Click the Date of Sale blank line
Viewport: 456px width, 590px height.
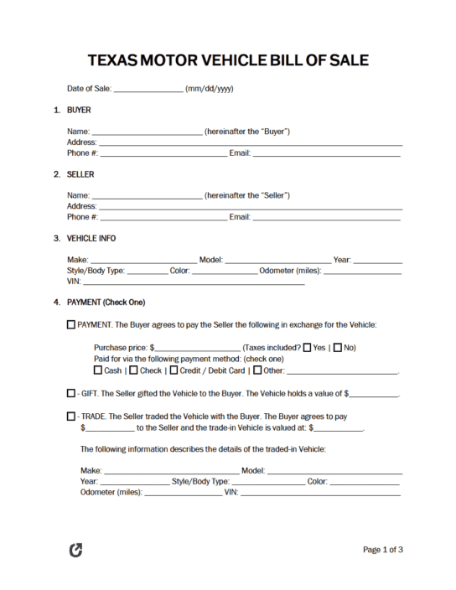pos(148,89)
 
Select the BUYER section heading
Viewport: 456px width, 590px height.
pos(79,110)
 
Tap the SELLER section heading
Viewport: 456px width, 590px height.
pos(80,174)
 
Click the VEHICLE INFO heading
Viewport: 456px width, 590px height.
pos(91,238)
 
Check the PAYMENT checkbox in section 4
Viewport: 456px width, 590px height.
pos(70,324)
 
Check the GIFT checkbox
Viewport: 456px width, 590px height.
pos(70,392)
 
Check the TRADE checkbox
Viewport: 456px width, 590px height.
pos(70,416)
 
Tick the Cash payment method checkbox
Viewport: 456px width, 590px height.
pos(98,370)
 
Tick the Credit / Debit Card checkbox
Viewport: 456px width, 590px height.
pos(174,370)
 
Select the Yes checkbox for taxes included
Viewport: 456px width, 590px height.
pos(307,347)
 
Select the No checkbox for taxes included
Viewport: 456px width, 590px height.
pos(338,347)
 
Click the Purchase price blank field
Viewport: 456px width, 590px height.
pos(197,348)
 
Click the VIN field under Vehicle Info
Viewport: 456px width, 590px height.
pos(193,282)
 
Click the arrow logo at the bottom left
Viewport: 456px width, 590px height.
pos(75,551)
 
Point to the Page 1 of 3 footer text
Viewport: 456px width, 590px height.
pos(383,550)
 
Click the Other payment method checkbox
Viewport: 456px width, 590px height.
pos(257,370)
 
